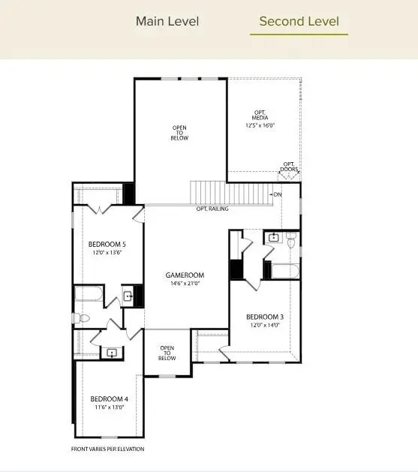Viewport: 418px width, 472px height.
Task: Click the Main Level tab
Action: click(x=167, y=21)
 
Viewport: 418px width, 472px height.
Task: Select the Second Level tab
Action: click(x=299, y=21)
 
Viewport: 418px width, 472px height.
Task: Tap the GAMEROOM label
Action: click(x=185, y=275)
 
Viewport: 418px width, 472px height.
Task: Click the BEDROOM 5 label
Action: click(x=107, y=245)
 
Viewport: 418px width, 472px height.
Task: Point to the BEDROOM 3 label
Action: click(x=265, y=317)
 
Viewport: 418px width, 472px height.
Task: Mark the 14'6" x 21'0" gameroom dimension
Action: click(x=185, y=284)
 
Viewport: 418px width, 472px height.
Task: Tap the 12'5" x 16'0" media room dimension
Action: click(x=260, y=125)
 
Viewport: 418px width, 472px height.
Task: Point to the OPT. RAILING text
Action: click(x=212, y=209)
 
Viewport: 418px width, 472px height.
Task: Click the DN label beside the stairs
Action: click(x=278, y=195)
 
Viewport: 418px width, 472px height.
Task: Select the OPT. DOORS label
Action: click(x=290, y=167)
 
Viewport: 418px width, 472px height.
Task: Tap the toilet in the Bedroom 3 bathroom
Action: click(x=292, y=239)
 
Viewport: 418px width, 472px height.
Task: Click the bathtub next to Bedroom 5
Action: click(x=89, y=296)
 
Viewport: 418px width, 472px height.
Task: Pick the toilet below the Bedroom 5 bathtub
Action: click(x=83, y=318)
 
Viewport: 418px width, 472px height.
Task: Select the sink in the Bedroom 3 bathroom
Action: click(x=274, y=239)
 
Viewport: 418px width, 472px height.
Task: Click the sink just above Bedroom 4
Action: click(x=113, y=351)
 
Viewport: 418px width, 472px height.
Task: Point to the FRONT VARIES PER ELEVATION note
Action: click(x=107, y=449)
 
